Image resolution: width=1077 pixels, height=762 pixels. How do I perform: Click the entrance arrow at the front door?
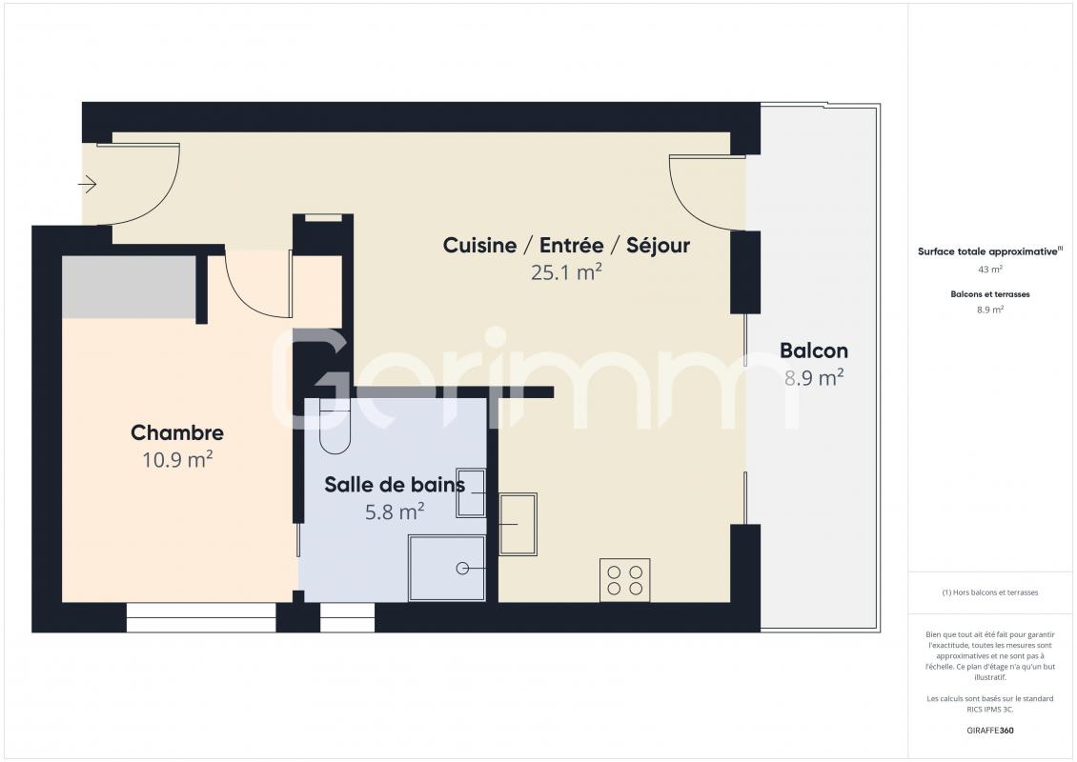pyautogui.click(x=88, y=184)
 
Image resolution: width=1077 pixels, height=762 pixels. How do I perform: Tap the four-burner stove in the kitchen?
pyautogui.click(x=625, y=580)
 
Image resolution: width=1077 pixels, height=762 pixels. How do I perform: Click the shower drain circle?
pyautogui.click(x=462, y=569)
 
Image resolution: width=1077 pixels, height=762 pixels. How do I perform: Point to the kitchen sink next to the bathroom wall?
pyautogui.click(x=518, y=524)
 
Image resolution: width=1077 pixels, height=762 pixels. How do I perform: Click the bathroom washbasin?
pyautogui.click(x=471, y=492)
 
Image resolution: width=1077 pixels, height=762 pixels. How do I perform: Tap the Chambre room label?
pyautogui.click(x=177, y=432)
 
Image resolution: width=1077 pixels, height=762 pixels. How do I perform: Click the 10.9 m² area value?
pyautogui.click(x=177, y=459)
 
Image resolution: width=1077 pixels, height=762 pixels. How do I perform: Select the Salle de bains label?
pyautogui.click(x=395, y=485)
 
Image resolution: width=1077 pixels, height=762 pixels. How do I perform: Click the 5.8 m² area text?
pyautogui.click(x=395, y=511)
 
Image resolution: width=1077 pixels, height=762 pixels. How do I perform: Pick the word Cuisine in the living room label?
pyautogui.click(x=479, y=245)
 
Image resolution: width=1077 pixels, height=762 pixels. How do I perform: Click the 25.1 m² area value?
pyautogui.click(x=567, y=271)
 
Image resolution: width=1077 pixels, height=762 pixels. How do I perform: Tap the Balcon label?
pyautogui.click(x=814, y=351)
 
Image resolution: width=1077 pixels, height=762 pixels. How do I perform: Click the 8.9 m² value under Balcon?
pyautogui.click(x=814, y=377)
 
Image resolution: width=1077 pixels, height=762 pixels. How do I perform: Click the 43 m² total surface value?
pyautogui.click(x=989, y=270)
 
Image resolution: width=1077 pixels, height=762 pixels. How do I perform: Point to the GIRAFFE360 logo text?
pyautogui.click(x=989, y=731)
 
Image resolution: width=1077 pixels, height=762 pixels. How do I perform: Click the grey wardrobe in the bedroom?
pyautogui.click(x=129, y=287)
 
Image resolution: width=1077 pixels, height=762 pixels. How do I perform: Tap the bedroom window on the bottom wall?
pyautogui.click(x=201, y=617)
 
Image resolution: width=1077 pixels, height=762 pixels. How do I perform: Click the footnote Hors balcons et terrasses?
pyautogui.click(x=989, y=592)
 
